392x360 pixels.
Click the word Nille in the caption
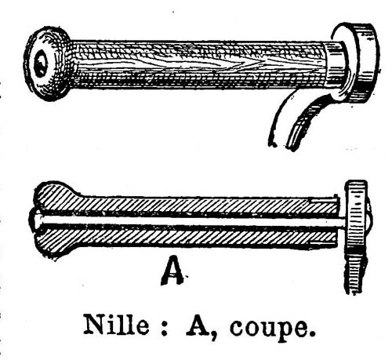pos(116,324)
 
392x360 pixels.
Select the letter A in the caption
pos(198,324)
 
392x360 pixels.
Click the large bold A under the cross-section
pos(172,271)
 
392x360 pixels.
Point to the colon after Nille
pos(163,328)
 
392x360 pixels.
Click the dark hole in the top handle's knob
pos(41,64)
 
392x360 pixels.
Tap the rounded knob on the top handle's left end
pos(47,64)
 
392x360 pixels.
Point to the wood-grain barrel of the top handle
pos(198,64)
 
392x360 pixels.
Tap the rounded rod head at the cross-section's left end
pos(38,221)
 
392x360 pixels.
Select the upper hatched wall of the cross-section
pos(188,205)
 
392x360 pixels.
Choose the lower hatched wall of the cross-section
pos(188,238)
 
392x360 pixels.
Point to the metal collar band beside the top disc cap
pos(336,65)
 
